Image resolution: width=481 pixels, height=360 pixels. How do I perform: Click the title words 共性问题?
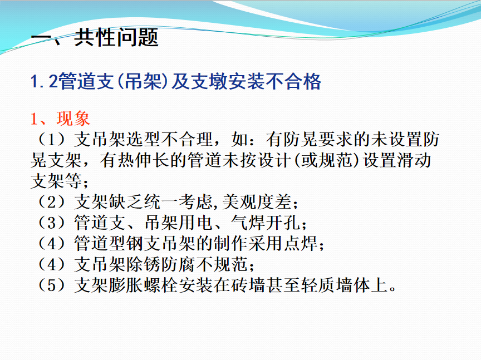[x=116, y=37]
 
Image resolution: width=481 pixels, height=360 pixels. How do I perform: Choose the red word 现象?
[x=73, y=119]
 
